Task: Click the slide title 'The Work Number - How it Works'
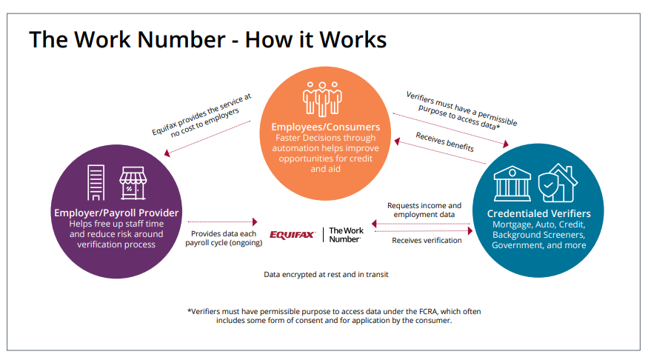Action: [207, 39]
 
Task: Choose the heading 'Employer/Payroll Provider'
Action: [116, 213]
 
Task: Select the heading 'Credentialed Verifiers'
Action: [538, 213]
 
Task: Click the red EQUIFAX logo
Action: [294, 235]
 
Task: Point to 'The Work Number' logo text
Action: [345, 235]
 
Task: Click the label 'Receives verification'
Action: [427, 240]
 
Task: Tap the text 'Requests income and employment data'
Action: [424, 210]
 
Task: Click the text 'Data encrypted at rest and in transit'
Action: [326, 274]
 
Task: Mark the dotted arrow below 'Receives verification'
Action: [430, 250]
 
